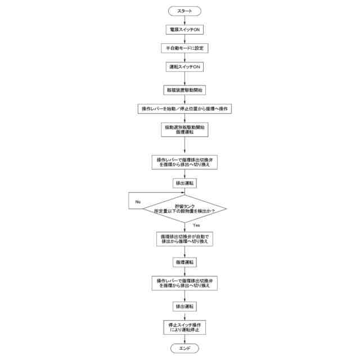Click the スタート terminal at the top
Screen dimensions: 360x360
(x=184, y=11)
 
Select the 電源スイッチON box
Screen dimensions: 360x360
(x=184, y=30)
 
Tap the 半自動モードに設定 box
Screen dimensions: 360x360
(x=184, y=48)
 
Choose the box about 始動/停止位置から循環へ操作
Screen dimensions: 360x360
(x=186, y=108)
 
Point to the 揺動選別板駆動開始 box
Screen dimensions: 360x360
(x=184, y=130)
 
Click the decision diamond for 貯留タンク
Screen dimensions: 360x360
(x=184, y=209)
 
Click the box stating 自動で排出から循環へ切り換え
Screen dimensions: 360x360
(x=184, y=239)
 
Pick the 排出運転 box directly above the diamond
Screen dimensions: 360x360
(x=184, y=183)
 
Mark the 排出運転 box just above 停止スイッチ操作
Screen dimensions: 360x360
(x=184, y=307)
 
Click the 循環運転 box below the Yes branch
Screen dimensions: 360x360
(x=184, y=262)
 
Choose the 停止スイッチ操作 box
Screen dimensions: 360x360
(x=184, y=328)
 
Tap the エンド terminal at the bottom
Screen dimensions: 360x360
(x=184, y=349)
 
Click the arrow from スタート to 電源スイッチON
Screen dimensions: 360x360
(x=184, y=20)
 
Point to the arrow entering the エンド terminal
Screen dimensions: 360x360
(x=184, y=340)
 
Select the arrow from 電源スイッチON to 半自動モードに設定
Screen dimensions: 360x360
(x=184, y=39)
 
